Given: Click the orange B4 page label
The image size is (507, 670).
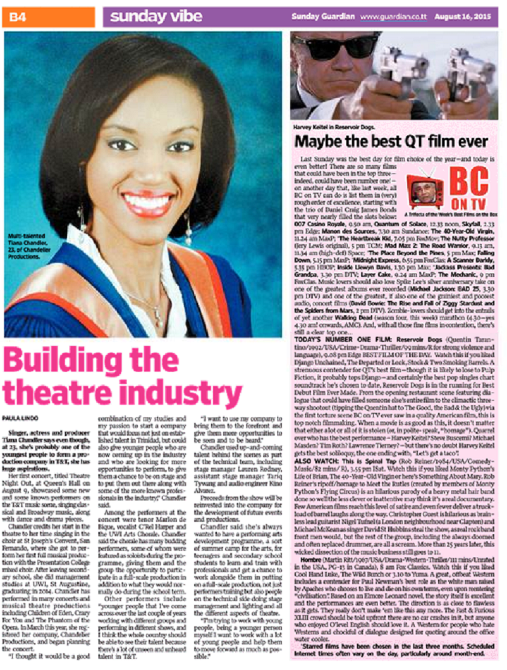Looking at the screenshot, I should [18, 17].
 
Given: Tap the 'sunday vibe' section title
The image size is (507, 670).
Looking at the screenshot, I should [156, 17].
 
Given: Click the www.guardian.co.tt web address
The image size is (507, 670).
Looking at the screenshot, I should [393, 17].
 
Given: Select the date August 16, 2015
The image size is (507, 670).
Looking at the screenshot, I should [462, 17].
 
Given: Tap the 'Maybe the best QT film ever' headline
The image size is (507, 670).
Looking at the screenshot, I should [391, 141].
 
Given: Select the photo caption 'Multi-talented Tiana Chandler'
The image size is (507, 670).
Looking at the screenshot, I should [28, 246].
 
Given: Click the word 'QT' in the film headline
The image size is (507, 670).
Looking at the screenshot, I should [416, 141].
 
